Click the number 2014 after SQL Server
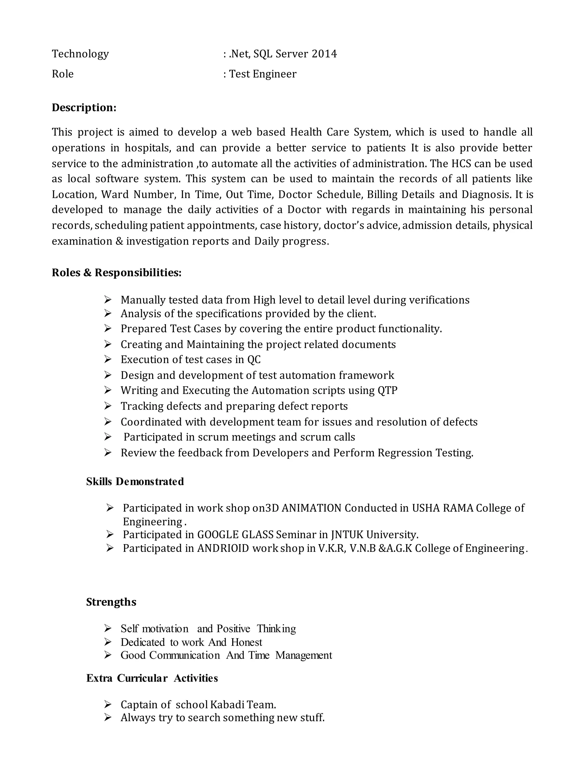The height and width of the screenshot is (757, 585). pos(324,54)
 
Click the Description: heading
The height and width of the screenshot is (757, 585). pos(84,107)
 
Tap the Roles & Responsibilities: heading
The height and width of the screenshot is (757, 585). pos(117,273)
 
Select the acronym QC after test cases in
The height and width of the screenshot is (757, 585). pos(254,359)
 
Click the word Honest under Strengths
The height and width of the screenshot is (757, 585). pos(247,642)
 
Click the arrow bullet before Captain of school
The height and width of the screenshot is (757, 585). pos(108,704)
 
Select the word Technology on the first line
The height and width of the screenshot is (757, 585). pos(80,54)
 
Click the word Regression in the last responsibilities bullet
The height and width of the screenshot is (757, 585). pos(405,453)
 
